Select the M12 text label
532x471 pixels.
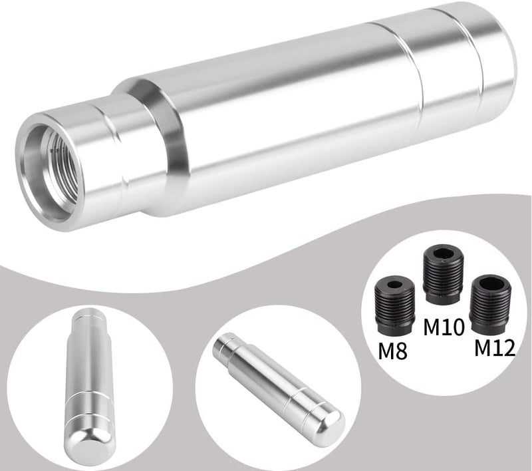495,346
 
